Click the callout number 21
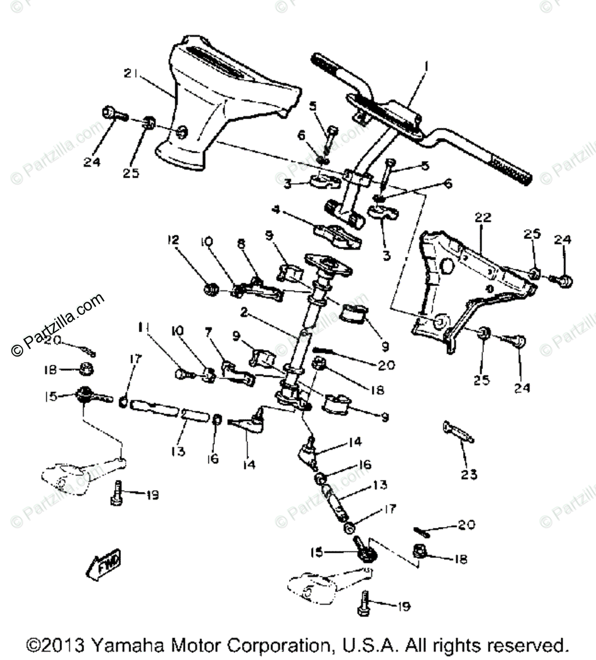[131, 74]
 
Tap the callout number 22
[482, 218]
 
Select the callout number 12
[173, 240]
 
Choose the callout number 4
[276, 209]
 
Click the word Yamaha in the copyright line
[124, 646]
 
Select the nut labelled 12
[209, 290]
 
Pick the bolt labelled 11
[182, 374]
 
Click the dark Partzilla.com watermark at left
[57, 324]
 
